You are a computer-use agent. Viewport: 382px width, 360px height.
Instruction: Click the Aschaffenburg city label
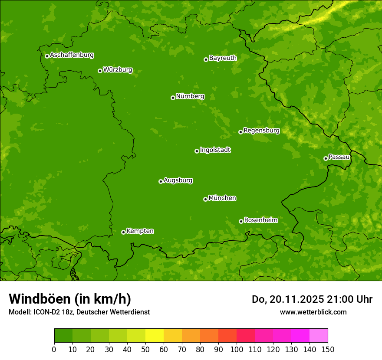point(72,55)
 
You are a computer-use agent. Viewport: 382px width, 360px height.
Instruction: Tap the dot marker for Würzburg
point(100,71)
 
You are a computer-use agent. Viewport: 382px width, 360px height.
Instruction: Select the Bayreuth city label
point(223,58)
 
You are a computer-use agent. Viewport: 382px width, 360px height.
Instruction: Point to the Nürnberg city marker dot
point(173,98)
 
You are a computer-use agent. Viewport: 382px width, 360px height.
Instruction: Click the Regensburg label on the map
point(261,130)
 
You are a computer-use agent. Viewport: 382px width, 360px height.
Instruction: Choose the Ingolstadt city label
point(215,150)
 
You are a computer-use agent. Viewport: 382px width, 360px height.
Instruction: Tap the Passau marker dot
point(326,158)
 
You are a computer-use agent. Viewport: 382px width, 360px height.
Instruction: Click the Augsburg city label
point(178,180)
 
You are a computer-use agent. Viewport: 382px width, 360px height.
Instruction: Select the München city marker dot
point(205,199)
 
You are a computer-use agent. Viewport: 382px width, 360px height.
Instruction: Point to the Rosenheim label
point(260,220)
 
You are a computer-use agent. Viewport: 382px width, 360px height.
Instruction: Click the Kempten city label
point(140,231)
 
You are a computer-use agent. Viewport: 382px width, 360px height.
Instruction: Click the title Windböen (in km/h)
point(70,299)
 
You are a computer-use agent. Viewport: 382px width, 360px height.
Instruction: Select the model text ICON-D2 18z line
point(79,312)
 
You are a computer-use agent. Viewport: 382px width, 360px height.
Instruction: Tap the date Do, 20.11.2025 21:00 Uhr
point(312,299)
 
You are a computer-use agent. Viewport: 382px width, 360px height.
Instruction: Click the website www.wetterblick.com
point(313,312)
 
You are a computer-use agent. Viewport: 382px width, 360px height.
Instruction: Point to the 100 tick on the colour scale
point(237,349)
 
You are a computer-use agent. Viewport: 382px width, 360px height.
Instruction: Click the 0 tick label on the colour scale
point(54,349)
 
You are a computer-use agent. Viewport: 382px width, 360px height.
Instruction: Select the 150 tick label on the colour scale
point(328,349)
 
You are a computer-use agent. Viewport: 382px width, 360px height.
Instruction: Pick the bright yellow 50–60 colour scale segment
point(155,336)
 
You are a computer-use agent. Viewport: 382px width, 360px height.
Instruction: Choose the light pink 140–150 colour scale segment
point(319,336)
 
